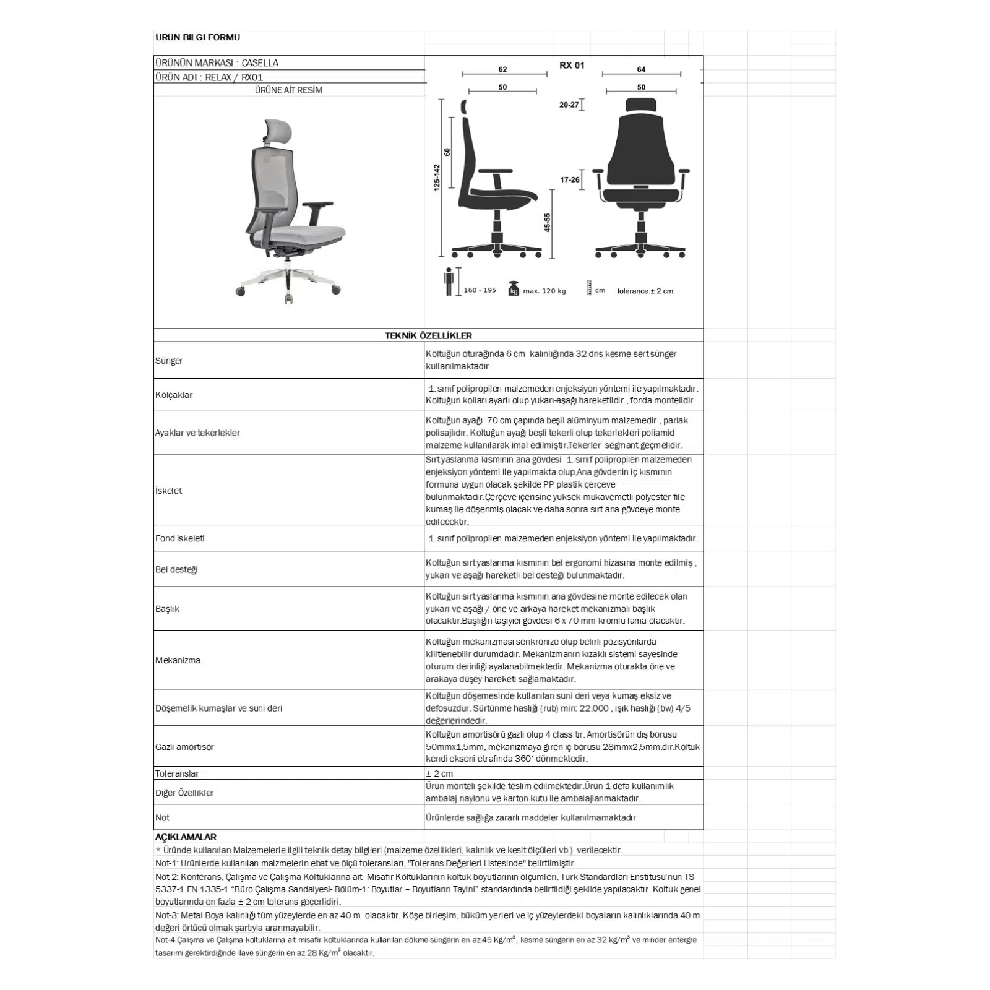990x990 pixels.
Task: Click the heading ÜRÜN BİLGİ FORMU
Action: (197, 37)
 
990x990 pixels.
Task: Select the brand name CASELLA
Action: (260, 63)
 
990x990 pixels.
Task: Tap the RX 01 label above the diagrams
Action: (571, 66)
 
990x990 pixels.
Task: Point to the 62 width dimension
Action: (502, 69)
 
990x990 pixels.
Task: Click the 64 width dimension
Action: (641, 69)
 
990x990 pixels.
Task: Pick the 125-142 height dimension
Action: (437, 177)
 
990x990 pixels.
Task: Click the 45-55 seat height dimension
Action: (547, 223)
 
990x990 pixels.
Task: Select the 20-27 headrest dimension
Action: (569, 105)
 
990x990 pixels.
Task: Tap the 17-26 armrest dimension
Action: (570, 180)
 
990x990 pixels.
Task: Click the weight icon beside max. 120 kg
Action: (514, 289)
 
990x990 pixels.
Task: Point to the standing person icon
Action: (449, 282)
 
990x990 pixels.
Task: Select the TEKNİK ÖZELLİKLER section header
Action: (428, 335)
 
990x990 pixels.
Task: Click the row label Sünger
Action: (169, 361)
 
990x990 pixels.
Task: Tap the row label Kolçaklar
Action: (174, 395)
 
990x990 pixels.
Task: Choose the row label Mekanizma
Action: (178, 660)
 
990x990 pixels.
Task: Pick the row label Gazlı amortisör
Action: (184, 747)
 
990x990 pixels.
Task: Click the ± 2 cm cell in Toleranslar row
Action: (439, 773)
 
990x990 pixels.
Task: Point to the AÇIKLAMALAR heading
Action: (186, 837)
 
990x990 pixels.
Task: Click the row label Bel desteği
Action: (176, 569)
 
